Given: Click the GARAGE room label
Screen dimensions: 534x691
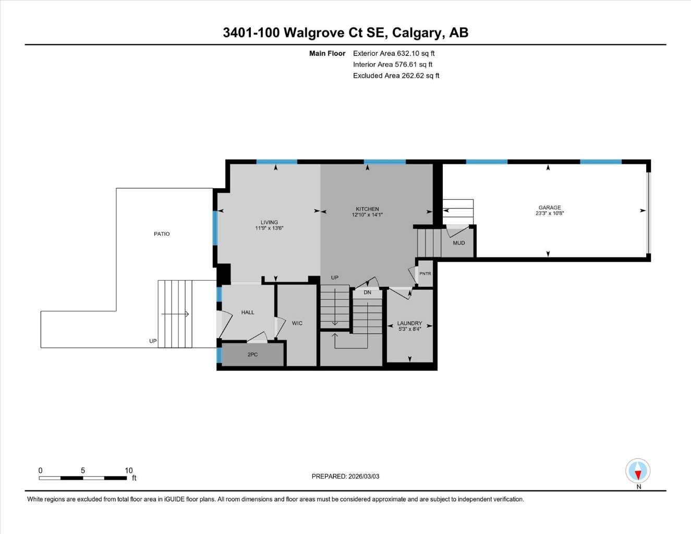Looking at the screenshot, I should pos(550,208).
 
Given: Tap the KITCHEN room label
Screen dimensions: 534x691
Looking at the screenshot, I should pos(367,209).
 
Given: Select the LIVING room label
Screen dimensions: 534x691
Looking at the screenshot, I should pos(269,222).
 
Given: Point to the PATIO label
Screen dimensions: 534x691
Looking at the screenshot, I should pos(162,234).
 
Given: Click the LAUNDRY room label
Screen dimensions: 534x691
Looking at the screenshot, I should pos(409,323).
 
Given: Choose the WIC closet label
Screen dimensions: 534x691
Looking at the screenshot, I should pos(297,323).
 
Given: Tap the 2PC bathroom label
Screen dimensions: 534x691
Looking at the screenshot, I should pos(252,355).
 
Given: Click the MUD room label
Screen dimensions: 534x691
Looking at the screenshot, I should pos(458,243).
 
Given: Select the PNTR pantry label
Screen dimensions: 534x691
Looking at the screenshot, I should pos(425,274).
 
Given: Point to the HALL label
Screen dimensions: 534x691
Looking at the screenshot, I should pos(248,312).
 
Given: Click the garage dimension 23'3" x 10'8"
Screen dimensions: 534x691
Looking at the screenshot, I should pos(550,213).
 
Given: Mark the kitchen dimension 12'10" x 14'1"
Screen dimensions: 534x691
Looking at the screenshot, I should pos(367,215).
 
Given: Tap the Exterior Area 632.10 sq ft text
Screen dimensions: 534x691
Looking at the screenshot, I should pos(394,53).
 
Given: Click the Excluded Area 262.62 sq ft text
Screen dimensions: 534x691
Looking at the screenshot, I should pos(396,76).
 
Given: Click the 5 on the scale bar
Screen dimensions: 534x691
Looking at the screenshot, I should pos(83,470).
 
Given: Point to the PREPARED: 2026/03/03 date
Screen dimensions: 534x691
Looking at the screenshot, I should pos(345,476).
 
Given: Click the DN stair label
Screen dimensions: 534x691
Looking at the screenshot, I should pos(367,293).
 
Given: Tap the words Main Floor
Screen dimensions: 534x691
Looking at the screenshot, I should pos(327,53).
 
